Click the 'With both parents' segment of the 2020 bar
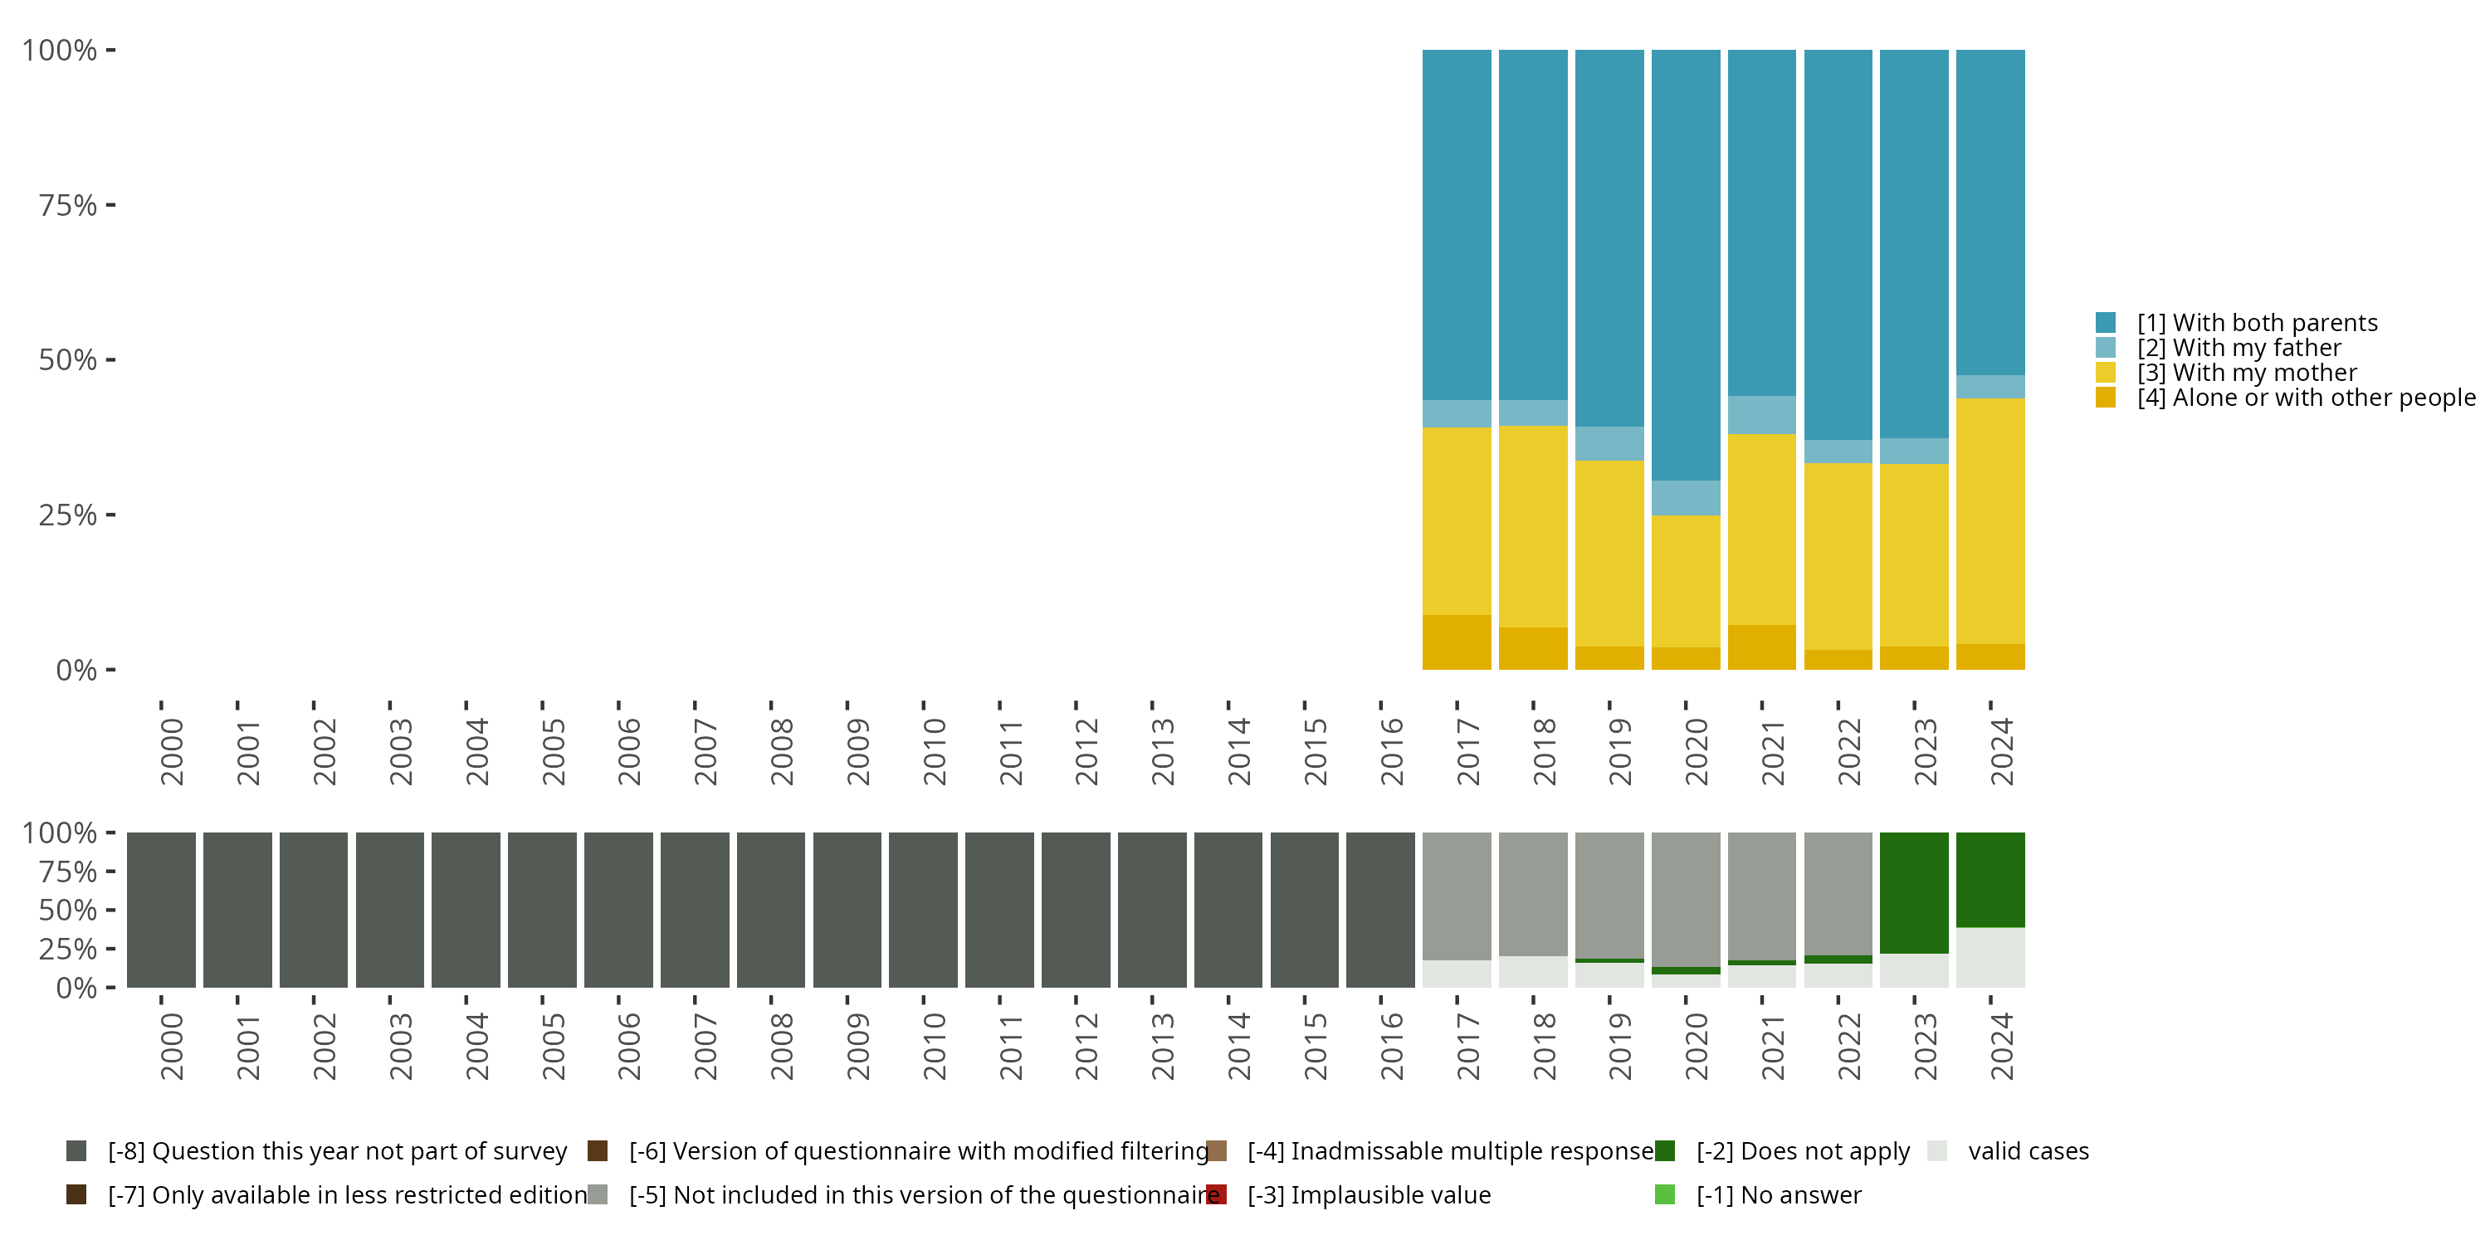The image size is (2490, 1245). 1686,265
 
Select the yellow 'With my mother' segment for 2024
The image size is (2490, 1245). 1990,521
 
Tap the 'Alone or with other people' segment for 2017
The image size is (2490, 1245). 1457,642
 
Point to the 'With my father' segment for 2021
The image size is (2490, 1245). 1762,415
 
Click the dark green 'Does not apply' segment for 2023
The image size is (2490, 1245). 1914,893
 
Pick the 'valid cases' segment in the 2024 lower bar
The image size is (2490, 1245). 1990,957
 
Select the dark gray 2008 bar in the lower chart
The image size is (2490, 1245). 770,910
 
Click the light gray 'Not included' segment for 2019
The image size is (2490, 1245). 1609,895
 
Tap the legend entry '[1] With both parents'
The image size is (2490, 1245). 2236,323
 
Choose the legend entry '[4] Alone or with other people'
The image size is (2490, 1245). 2285,398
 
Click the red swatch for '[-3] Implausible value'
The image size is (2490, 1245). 1217,1194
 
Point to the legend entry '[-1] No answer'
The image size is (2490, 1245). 1757,1194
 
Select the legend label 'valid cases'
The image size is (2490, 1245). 2028,1151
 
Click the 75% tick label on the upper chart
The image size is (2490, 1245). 68,205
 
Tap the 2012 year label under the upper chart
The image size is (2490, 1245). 1086,751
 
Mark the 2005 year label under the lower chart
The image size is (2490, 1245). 553,1047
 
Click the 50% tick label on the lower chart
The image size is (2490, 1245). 68,910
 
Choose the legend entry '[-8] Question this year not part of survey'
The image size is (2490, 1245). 316,1151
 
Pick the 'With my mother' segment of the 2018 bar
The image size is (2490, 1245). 1533,527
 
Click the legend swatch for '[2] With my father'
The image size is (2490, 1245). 2105,348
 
